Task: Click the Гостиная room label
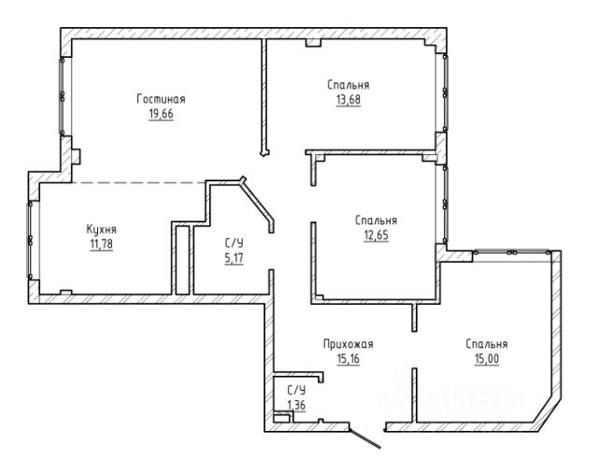click(161, 99)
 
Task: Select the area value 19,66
click(161, 114)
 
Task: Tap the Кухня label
click(102, 230)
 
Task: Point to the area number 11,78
click(102, 244)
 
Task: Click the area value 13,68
click(349, 100)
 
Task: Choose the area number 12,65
click(376, 236)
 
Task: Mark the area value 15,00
click(487, 359)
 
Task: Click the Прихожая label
click(349, 344)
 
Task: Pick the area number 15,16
click(349, 359)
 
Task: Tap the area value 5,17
click(234, 258)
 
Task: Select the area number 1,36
click(296, 405)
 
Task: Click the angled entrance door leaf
click(364, 438)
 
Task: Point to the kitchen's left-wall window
click(29, 240)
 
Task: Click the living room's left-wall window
click(62, 96)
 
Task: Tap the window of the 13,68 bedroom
click(445, 93)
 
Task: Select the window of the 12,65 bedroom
click(445, 204)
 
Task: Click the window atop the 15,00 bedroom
click(512, 252)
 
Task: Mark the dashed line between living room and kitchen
click(139, 182)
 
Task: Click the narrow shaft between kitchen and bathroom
click(183, 260)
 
